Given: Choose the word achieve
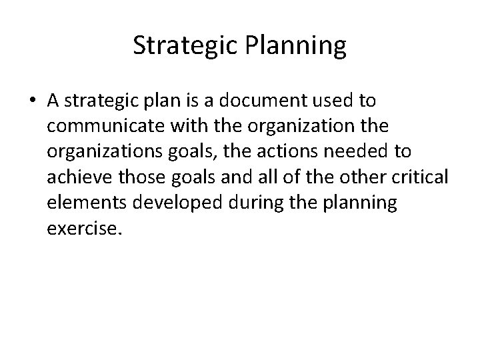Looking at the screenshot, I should pyautogui.click(x=77, y=177).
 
